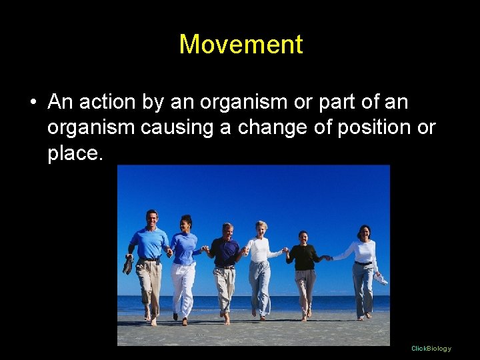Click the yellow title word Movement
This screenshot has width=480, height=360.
coord(241,45)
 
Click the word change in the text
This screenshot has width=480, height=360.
coord(251,127)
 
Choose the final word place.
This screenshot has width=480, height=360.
coord(73,153)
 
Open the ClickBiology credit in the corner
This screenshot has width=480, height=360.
coord(431,349)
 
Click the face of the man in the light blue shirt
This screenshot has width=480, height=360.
coord(152,218)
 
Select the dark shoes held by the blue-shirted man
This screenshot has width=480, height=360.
coord(127,265)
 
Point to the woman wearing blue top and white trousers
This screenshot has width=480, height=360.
coord(183,263)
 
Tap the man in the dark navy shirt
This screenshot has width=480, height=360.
coord(225,267)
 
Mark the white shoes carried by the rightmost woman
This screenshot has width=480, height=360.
coord(380,279)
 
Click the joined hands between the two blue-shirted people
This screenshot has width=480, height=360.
coord(169,251)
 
